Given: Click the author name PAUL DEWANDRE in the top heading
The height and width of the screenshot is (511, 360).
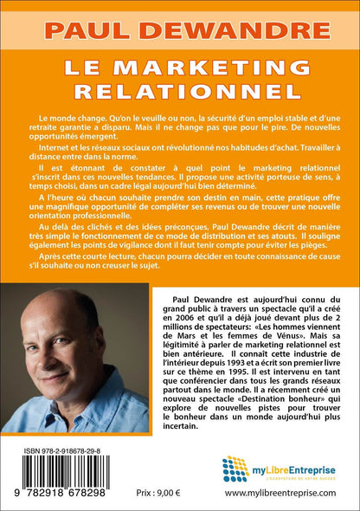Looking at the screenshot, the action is [x=180, y=33].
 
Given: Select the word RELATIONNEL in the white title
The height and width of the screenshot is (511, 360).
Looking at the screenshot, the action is [x=179, y=88].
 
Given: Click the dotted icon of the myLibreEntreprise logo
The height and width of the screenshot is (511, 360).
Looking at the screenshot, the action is [x=235, y=469].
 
